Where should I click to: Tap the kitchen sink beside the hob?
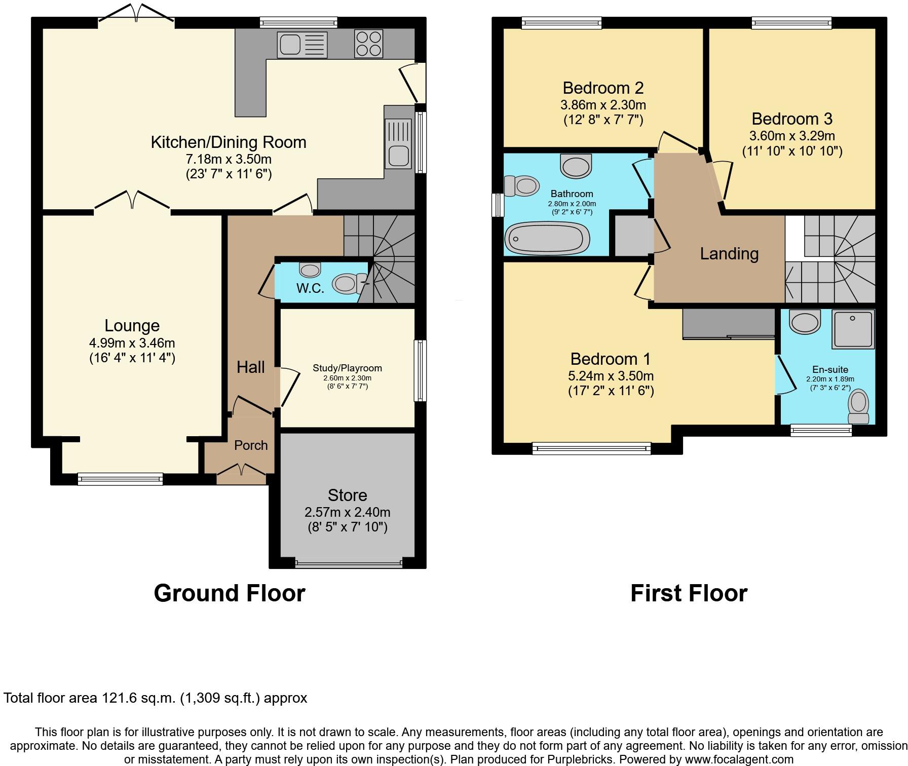pyautogui.click(x=302, y=45)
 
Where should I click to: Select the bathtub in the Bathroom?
pyautogui.click(x=547, y=239)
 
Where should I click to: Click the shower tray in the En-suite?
pyautogui.click(x=853, y=329)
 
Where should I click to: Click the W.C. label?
pyautogui.click(x=310, y=288)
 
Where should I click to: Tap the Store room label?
pyautogui.click(x=347, y=495)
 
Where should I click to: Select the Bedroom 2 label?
pyautogui.click(x=603, y=88)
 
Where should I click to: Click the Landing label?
pyautogui.click(x=729, y=254)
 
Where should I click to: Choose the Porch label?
pyautogui.click(x=251, y=445)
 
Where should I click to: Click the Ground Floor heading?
pyautogui.click(x=229, y=593)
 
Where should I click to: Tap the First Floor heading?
pyautogui.click(x=689, y=593)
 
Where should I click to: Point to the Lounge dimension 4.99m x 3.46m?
pyautogui.click(x=132, y=343)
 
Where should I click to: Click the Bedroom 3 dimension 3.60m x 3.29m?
pyautogui.click(x=792, y=136)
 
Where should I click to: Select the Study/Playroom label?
pyautogui.click(x=347, y=368)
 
